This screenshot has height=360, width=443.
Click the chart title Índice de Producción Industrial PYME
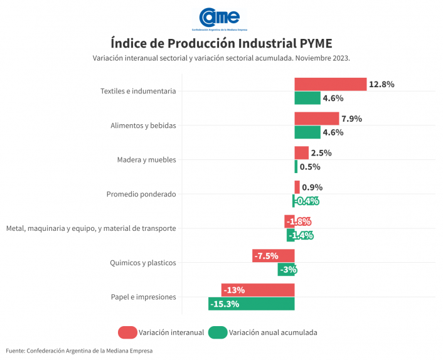click(x=221, y=43)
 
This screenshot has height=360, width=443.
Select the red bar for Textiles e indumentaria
click(x=330, y=84)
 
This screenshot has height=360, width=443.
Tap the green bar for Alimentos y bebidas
click(x=307, y=132)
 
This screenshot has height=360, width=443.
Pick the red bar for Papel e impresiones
click(x=257, y=290)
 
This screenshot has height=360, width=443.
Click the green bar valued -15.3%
click(x=251, y=304)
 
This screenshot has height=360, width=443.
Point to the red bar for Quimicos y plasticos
click(x=273, y=255)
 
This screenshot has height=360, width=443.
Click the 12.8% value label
click(x=382, y=84)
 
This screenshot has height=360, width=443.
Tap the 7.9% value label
click(x=352, y=119)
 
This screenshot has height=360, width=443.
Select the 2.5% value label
click(x=321, y=153)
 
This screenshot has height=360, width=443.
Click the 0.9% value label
click(x=312, y=187)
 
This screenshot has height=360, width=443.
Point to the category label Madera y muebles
click(x=146, y=160)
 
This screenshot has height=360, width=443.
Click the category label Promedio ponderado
click(x=141, y=194)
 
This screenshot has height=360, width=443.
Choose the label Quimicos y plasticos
click(x=142, y=263)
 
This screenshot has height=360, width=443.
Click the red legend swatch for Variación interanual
click(x=127, y=332)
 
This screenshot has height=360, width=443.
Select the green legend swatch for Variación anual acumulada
click(x=218, y=332)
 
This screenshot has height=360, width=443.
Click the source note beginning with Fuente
click(x=79, y=351)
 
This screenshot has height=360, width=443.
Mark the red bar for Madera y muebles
click(x=301, y=153)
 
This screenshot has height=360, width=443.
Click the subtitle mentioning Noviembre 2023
click(x=221, y=58)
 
